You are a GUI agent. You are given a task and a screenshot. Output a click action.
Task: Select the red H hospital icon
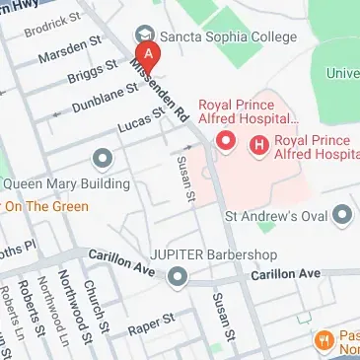260,144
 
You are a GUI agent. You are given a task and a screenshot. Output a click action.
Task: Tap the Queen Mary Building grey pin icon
102,158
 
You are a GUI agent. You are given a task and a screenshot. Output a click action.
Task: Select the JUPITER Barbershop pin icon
178,278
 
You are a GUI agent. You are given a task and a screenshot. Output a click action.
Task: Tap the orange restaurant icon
324,340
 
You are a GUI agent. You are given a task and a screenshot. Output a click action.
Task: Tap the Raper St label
155,320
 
